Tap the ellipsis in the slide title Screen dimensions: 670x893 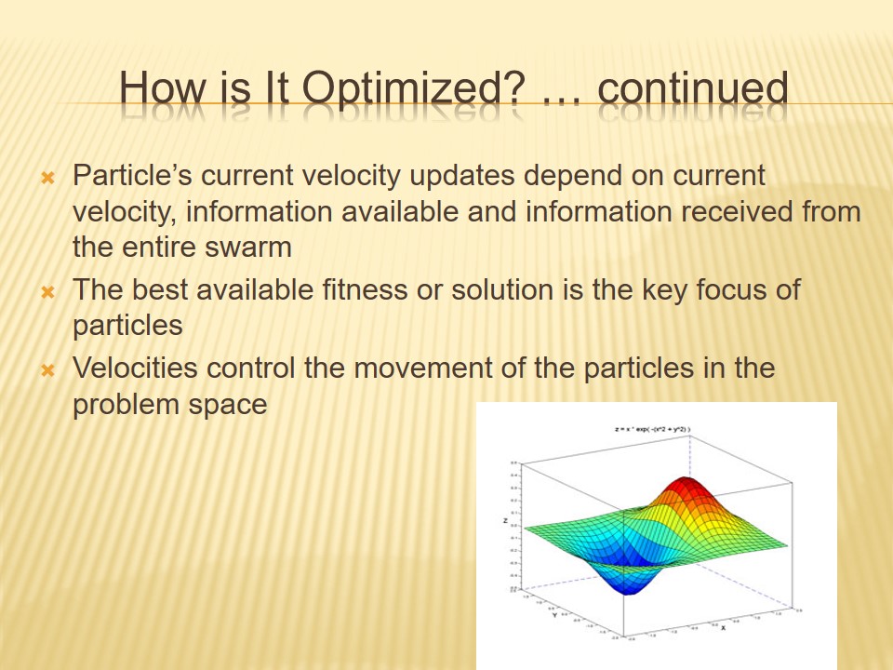[x=566, y=93]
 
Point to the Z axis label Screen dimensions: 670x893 [x=505, y=522]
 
